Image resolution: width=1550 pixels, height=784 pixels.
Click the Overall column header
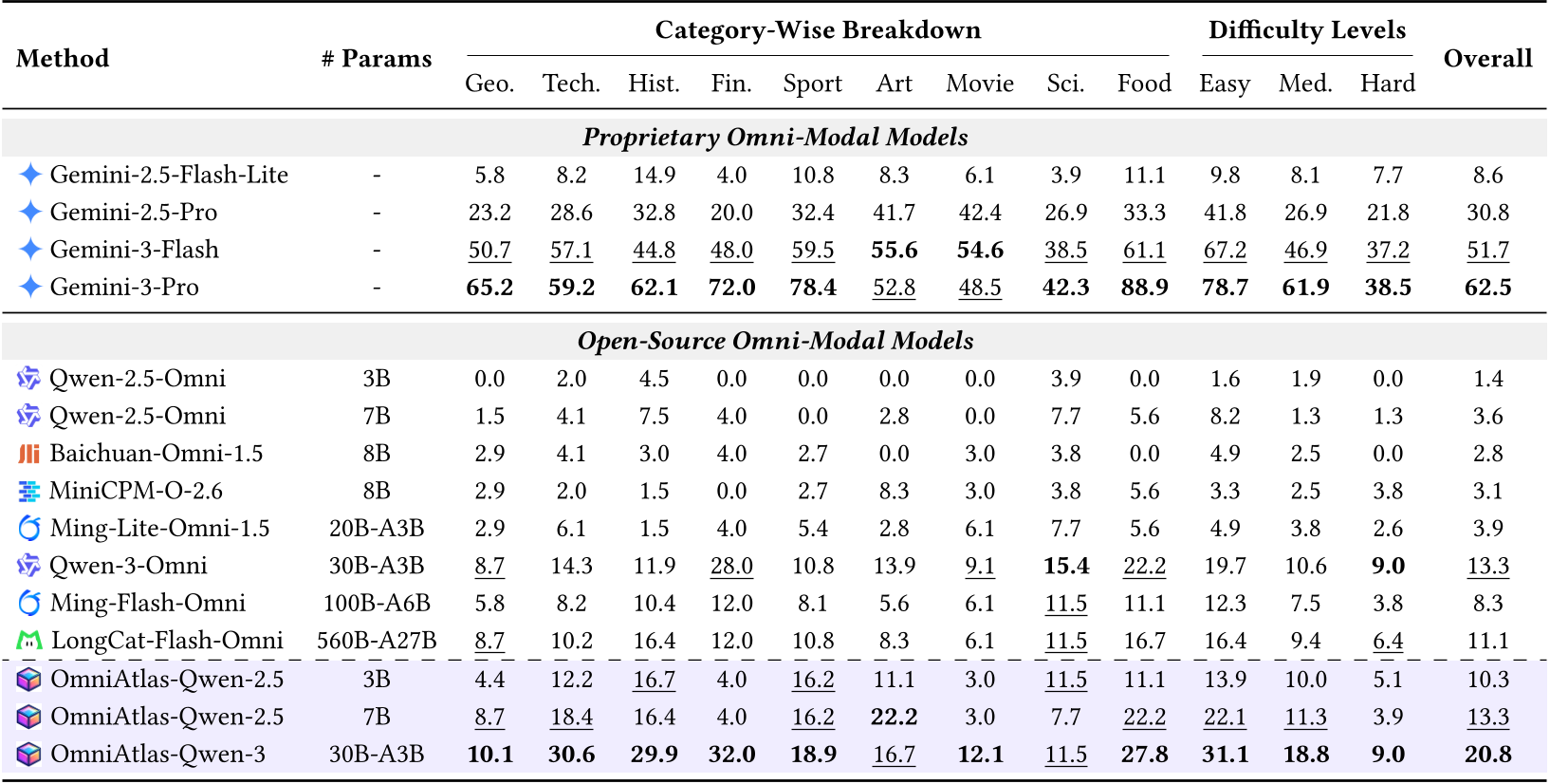tap(1486, 59)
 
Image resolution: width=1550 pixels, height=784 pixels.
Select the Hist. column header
tap(654, 84)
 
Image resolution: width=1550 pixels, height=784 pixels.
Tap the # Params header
tap(376, 59)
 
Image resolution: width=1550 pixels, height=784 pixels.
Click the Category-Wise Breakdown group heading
tap(818, 30)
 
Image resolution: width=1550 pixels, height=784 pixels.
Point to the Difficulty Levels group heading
tap(1306, 30)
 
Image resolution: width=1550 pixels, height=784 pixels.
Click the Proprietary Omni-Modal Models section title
tap(775, 138)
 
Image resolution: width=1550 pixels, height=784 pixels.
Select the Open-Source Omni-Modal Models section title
tap(775, 341)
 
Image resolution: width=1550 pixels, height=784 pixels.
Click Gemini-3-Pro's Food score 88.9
tap(1144, 288)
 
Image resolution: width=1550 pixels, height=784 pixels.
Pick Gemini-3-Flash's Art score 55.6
tap(894, 251)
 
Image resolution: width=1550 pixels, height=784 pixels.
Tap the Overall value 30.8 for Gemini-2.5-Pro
tap(1486, 213)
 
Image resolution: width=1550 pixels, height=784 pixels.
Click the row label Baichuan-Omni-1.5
tap(156, 454)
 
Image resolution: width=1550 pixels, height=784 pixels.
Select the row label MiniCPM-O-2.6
tap(136, 491)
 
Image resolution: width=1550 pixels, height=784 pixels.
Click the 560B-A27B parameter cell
tap(377, 641)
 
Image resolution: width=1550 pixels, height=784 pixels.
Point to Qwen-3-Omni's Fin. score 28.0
tap(731, 566)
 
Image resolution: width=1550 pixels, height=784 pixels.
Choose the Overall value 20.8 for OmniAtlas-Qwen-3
tap(1486, 755)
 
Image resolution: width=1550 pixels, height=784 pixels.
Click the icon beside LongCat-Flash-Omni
tap(29, 642)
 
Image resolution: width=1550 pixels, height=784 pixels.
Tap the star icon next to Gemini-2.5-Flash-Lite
tap(30, 175)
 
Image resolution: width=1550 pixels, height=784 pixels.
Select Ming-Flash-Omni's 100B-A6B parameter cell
tap(377, 604)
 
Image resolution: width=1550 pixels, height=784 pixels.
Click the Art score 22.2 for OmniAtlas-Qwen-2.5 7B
tap(894, 717)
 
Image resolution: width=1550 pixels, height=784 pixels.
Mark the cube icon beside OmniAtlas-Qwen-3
tap(29, 755)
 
